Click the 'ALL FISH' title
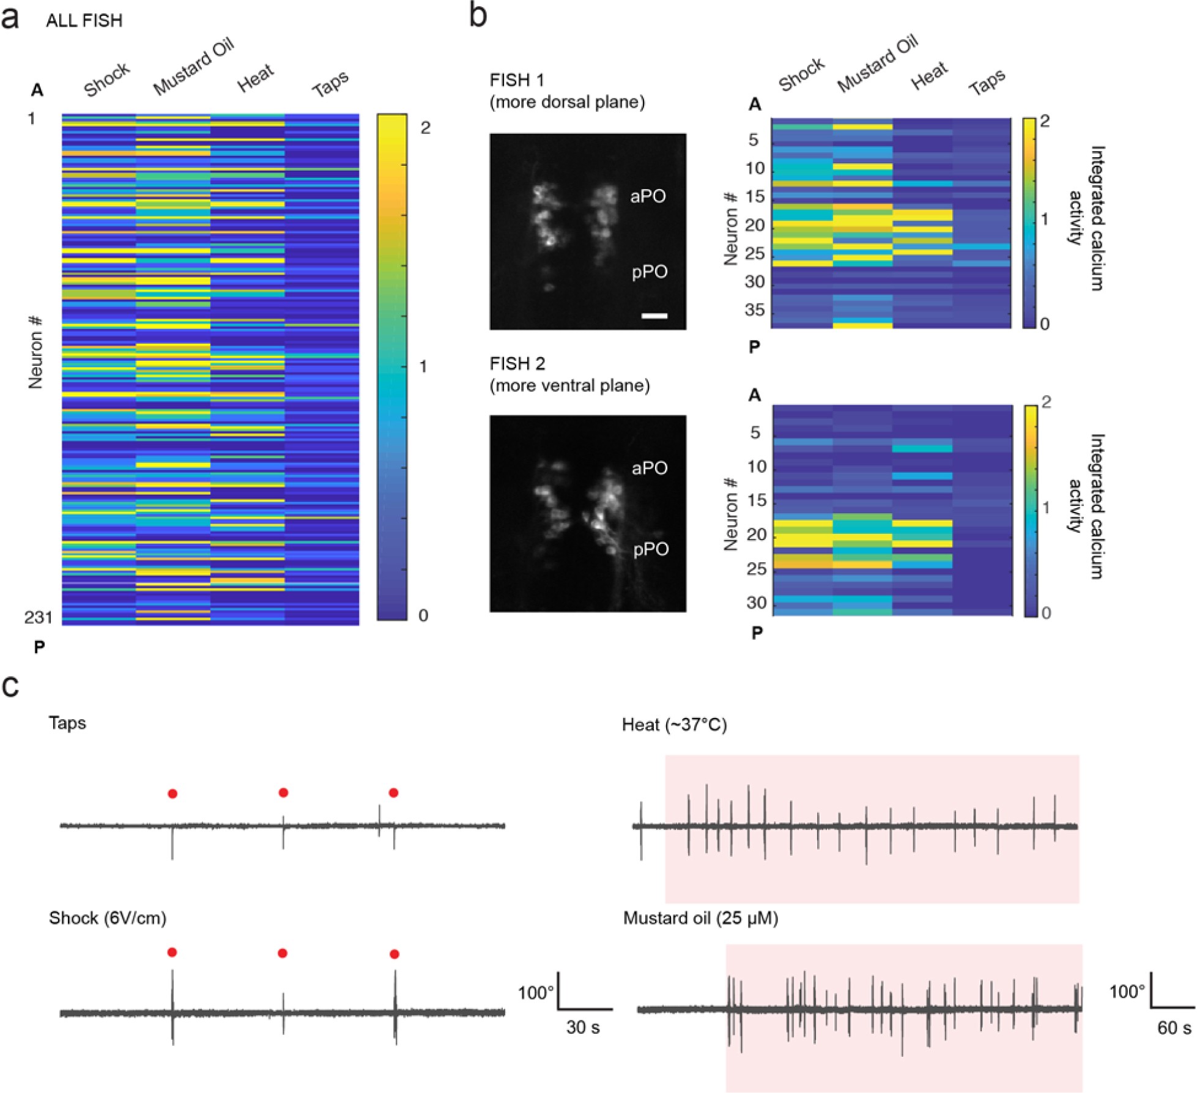84,21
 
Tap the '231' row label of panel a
39,618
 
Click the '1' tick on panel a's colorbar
423,367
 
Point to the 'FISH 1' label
517,80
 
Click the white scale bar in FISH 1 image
654,316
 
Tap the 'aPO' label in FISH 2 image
650,469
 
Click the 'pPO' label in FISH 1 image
649,272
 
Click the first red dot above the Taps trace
172,794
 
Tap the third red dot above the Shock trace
395,954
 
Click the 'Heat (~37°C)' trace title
674,725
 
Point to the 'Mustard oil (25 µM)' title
700,919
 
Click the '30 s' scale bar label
583,1028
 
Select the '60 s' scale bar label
1174,1028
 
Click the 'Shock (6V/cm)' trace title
108,918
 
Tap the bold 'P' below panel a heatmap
39,647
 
